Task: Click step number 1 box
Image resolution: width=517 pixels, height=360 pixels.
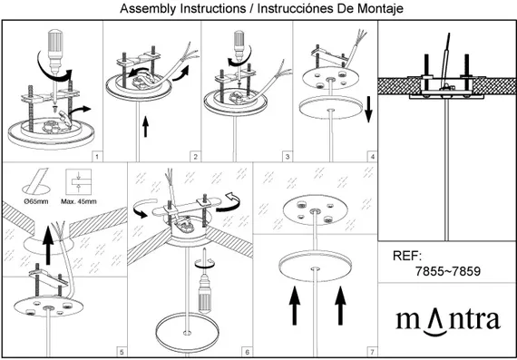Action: point(96,157)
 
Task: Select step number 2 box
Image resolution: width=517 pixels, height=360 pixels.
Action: point(195,157)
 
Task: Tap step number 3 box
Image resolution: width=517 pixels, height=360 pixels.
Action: point(288,157)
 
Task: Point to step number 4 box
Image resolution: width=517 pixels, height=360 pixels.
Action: point(372,157)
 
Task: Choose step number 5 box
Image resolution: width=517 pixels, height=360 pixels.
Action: point(122,352)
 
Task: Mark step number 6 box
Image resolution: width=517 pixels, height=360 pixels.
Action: point(248,352)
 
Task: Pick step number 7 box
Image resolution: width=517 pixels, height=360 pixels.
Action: point(372,352)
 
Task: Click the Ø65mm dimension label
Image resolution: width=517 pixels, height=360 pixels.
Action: point(36,201)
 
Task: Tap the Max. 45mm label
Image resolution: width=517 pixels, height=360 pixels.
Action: point(79,201)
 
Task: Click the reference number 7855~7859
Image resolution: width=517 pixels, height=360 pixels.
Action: point(448,271)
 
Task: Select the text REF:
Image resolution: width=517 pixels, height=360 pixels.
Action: point(407,256)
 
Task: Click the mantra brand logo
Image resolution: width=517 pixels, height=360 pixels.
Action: point(448,321)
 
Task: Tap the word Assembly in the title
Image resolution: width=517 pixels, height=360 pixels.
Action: point(148,8)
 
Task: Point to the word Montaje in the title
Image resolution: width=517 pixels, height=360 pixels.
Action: point(383,8)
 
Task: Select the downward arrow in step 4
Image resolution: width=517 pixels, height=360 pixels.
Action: point(368,111)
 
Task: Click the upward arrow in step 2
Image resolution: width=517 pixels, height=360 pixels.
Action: point(145,127)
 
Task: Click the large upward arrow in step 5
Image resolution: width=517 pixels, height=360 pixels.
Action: point(48,245)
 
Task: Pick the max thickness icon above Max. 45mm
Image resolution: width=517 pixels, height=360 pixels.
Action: point(79,181)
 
